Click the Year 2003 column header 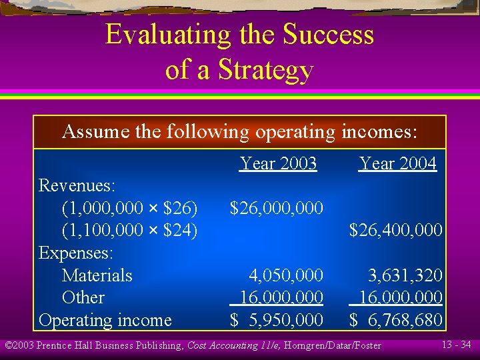coord(278,163)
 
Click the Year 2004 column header coord(397,163)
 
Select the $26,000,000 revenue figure coord(276,209)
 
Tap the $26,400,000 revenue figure coord(396,231)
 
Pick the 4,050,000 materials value coord(285,275)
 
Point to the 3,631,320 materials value coord(405,275)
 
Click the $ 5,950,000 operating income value coord(276,320)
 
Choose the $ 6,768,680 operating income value coord(396,320)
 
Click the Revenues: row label coord(77,185)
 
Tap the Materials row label coord(97,275)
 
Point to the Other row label coord(83,297)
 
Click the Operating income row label coord(105,320)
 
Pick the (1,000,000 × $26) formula coord(129,208)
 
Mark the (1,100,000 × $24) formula coord(129,231)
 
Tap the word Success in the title coord(328,35)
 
